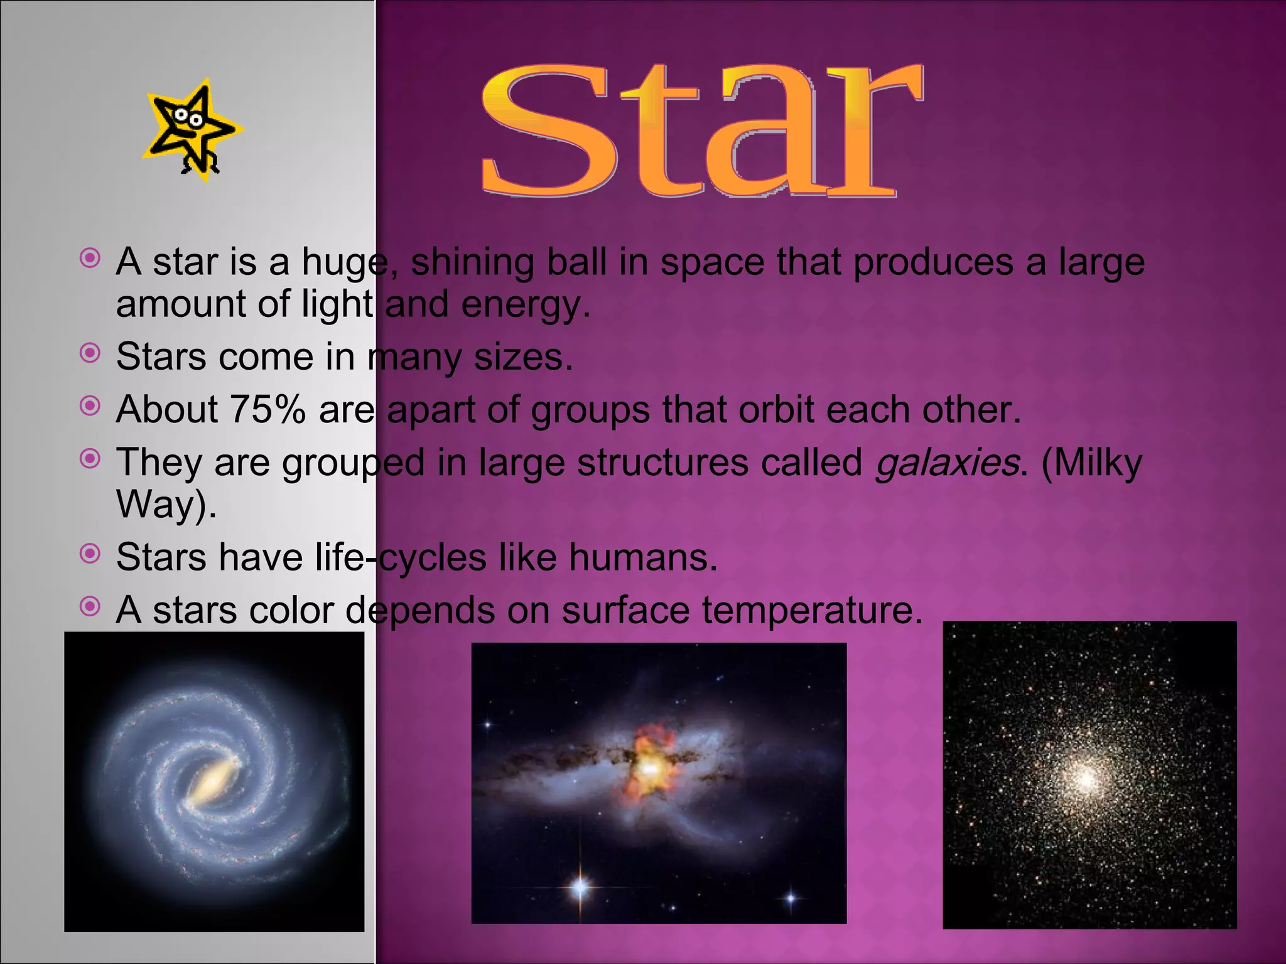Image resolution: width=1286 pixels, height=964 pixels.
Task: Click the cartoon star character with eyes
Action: point(192,131)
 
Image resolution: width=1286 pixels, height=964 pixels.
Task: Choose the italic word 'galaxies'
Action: point(946,464)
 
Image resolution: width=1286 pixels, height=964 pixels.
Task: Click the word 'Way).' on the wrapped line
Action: point(166,504)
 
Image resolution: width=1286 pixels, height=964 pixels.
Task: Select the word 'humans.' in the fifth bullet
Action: point(643,557)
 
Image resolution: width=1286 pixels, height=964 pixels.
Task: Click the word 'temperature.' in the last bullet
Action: point(812,610)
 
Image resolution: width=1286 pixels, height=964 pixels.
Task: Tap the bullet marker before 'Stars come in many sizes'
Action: point(90,353)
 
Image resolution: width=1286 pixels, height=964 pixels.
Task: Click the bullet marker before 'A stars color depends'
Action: point(90,606)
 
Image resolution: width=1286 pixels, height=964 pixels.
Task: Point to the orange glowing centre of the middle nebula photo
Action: point(650,766)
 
